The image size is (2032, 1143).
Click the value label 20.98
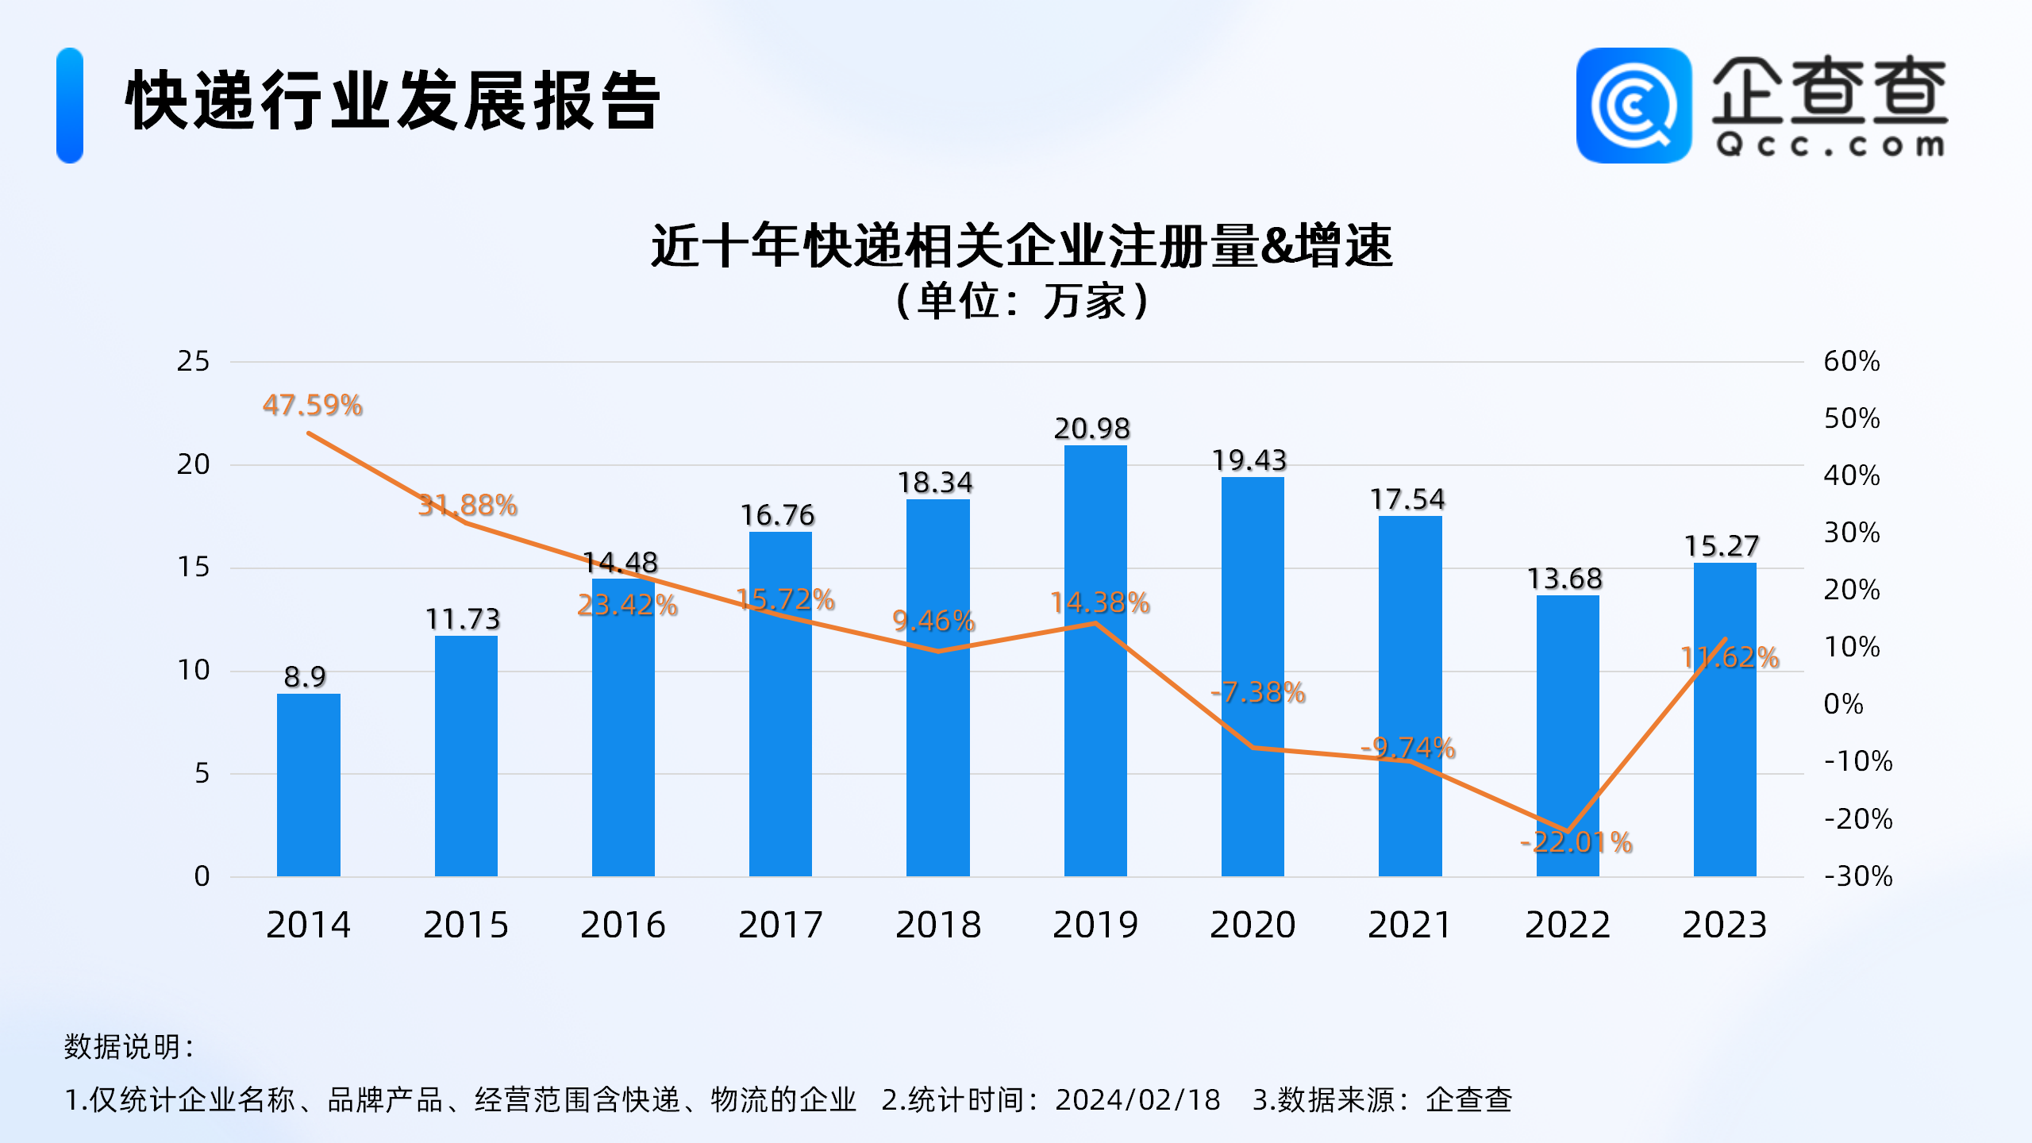pos(1091,429)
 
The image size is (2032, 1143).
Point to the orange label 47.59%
pos(313,406)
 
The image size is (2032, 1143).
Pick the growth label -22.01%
pos(1576,842)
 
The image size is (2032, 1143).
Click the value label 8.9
pos(305,676)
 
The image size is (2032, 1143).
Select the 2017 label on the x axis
pos(780,925)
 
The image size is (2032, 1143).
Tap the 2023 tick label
pos(1724,925)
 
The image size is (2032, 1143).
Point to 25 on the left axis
pos(193,361)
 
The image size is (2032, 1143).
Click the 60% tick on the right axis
pos(1851,361)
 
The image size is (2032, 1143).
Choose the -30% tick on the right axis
pos(1857,876)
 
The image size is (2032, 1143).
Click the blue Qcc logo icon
pos(1634,106)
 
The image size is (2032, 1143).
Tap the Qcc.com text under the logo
pos(1830,145)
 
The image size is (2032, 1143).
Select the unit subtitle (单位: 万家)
pos(1022,302)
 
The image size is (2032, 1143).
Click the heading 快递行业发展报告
pos(393,101)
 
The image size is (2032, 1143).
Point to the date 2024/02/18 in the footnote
pos(1137,1100)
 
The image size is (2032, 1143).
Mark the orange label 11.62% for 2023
pos(1730,657)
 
